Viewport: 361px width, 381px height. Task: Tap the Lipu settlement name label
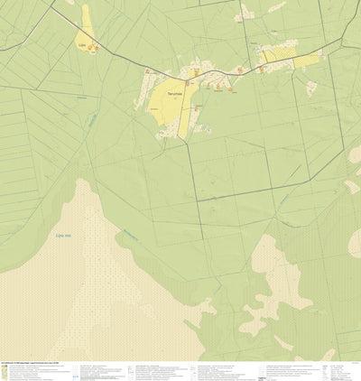[x=82, y=42]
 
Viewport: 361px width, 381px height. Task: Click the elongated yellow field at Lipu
[x=88, y=22]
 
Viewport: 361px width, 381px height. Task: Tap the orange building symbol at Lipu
[x=96, y=47]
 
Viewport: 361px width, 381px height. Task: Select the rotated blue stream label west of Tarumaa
[x=93, y=119]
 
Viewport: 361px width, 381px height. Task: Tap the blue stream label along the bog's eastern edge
[x=131, y=237]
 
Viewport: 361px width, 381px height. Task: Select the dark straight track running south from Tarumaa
[x=191, y=172]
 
